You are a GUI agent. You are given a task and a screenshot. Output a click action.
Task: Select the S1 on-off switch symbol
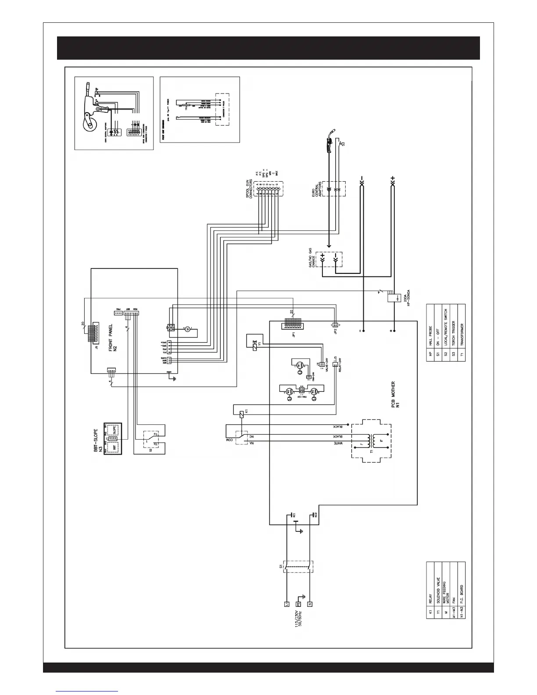pyautogui.click(x=299, y=573)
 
